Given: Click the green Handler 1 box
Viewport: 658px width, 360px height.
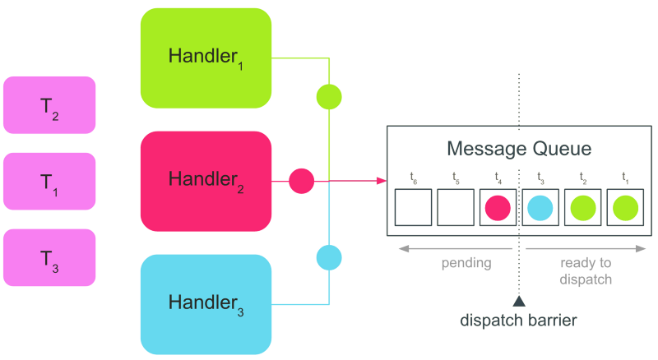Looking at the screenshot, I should [206, 58].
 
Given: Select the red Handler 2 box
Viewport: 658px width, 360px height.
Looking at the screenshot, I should [206, 180].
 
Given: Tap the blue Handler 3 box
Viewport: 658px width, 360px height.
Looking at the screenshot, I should [206, 303].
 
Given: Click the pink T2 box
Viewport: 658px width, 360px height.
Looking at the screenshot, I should [49, 105].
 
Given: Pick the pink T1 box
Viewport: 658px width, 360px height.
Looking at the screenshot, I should [49, 181].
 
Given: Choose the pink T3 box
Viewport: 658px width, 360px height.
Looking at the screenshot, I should [49, 257].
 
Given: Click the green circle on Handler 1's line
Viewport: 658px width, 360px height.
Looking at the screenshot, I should [329, 97].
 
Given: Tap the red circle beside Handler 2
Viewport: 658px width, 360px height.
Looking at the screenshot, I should [302, 180].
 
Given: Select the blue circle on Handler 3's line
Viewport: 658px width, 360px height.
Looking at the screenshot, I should [329, 258].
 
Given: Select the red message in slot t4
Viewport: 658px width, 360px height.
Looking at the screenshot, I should [498, 208].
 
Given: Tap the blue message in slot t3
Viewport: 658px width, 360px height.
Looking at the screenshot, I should [540, 208].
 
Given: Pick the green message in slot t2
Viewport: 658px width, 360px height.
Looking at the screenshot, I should [582, 208].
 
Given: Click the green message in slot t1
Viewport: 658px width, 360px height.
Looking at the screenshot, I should [623, 208].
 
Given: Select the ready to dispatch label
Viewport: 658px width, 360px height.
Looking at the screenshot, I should [586, 270].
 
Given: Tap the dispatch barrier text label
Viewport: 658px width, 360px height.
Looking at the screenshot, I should [519, 320].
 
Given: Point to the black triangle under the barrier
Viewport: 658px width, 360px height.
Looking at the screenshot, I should [519, 301].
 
